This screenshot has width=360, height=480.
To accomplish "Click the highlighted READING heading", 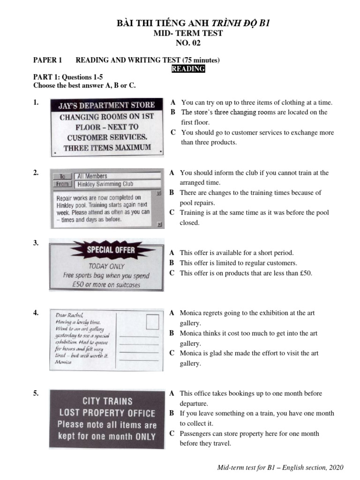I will tap(188, 69).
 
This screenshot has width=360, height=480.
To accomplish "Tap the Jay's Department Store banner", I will tap(106, 106).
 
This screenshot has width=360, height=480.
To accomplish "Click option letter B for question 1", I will tap(173, 112).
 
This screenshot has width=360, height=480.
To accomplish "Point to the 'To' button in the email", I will tap(61, 176).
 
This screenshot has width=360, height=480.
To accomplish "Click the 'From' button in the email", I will tap(61, 184).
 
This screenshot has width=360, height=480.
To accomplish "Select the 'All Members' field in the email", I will tap(117, 176).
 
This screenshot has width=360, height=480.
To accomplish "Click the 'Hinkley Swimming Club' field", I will tap(117, 184).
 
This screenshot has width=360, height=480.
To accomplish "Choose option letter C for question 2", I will tap(172, 213).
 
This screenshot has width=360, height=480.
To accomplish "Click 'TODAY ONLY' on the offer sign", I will tap(106, 266).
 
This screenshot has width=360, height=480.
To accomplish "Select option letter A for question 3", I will tap(172, 253).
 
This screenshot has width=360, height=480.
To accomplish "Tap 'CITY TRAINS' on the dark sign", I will tap(107, 401).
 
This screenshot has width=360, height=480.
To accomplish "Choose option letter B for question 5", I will tap(172, 413).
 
